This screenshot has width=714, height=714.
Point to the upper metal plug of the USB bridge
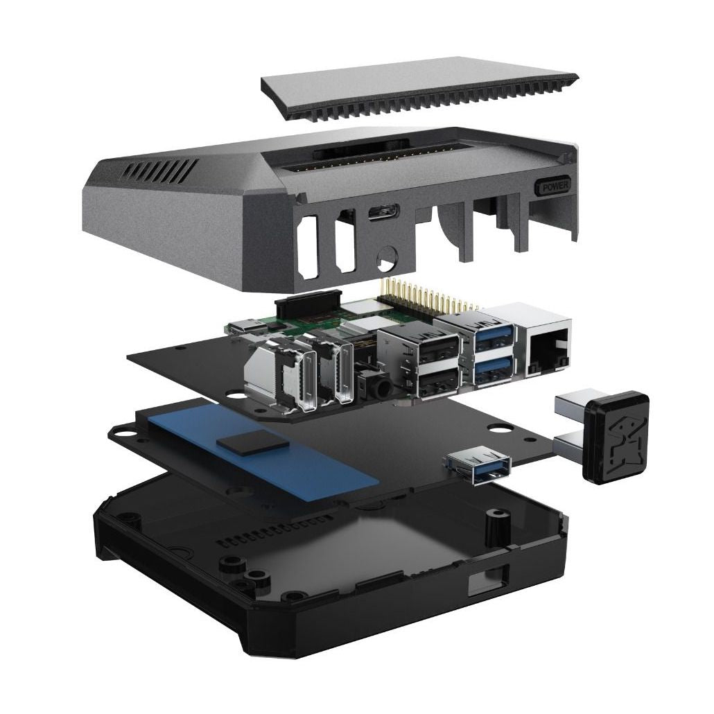click(573, 404)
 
